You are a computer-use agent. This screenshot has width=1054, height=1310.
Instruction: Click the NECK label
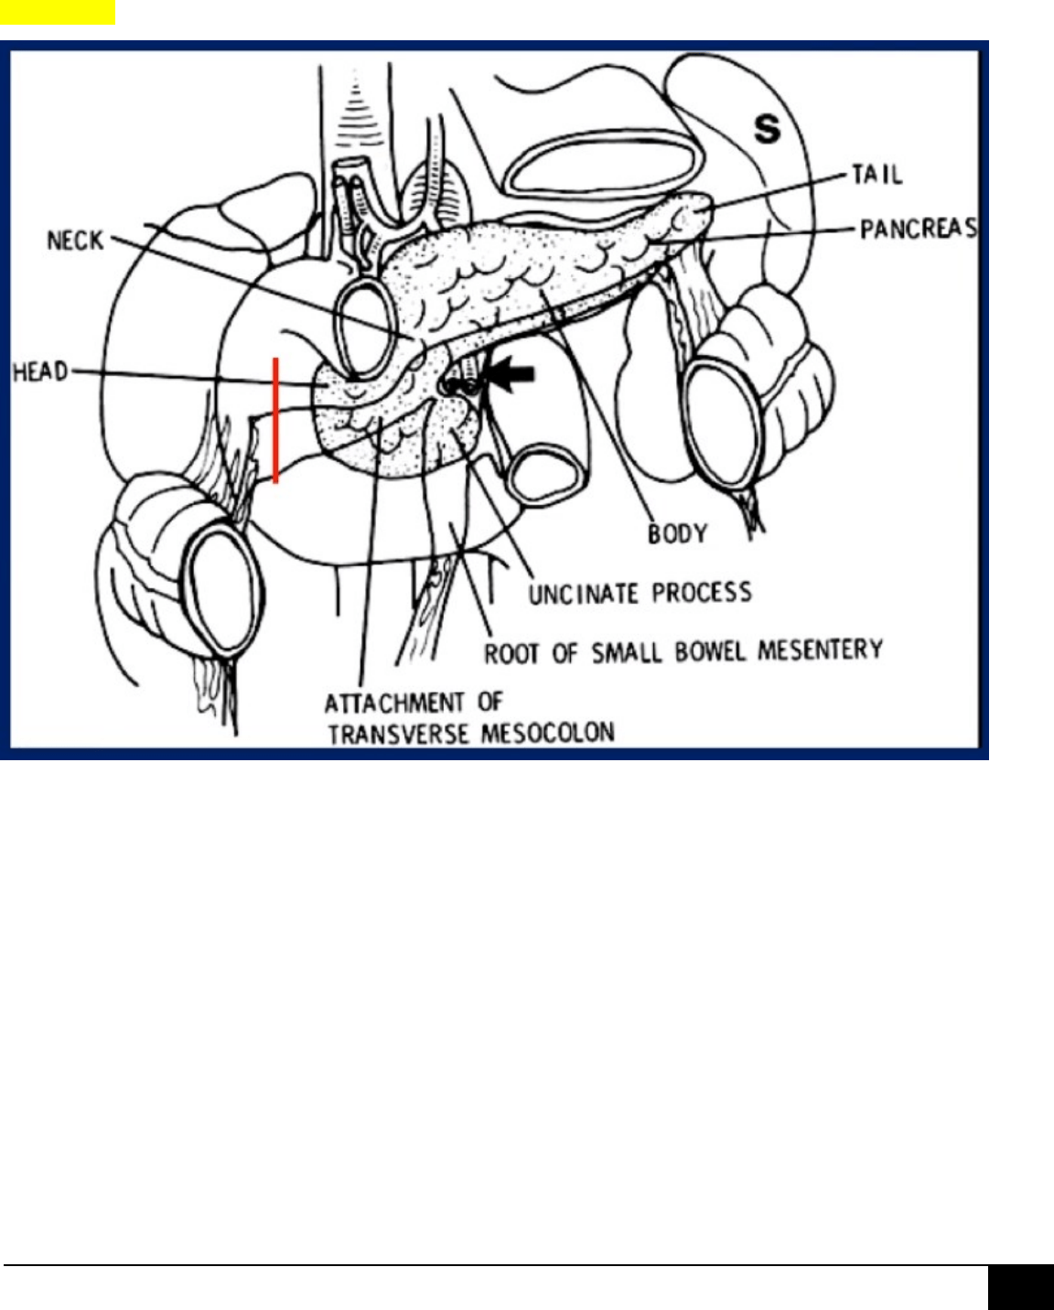(75, 242)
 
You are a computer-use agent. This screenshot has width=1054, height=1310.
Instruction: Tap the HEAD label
(39, 372)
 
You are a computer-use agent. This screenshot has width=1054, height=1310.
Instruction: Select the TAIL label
(877, 174)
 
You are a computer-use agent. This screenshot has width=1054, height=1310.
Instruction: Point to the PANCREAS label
(918, 229)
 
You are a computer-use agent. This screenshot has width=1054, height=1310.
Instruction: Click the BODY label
(677, 533)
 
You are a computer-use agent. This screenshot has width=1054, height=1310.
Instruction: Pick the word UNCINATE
(583, 594)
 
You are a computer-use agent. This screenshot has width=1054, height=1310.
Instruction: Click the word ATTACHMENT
(394, 703)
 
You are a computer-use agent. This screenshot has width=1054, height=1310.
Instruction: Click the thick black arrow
(513, 373)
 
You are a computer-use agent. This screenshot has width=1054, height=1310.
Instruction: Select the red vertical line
(275, 420)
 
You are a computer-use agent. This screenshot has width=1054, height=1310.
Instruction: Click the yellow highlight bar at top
(57, 12)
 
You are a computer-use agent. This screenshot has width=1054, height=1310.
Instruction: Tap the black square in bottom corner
(1020, 1287)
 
